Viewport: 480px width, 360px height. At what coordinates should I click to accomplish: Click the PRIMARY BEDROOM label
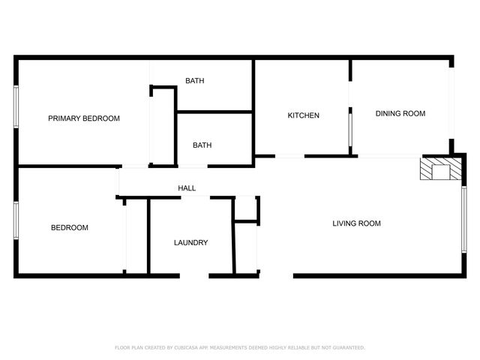(x=84, y=118)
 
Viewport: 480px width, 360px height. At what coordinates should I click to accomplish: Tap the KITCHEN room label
(x=304, y=115)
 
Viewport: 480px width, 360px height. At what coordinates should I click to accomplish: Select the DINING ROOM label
(x=400, y=114)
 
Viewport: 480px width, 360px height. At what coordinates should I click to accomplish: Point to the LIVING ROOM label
(x=357, y=223)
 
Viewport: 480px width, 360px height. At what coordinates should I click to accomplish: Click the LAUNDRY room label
(x=190, y=243)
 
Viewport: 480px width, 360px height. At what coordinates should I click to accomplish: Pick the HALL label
(x=187, y=188)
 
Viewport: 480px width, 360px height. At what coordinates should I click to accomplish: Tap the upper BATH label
(x=195, y=81)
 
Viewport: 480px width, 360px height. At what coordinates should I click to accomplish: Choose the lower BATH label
(x=201, y=145)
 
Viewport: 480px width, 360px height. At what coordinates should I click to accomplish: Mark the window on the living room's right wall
(x=464, y=219)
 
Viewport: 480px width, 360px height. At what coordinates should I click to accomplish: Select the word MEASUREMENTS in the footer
(x=232, y=348)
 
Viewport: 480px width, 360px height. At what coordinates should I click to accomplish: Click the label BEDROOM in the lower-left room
(x=70, y=228)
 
